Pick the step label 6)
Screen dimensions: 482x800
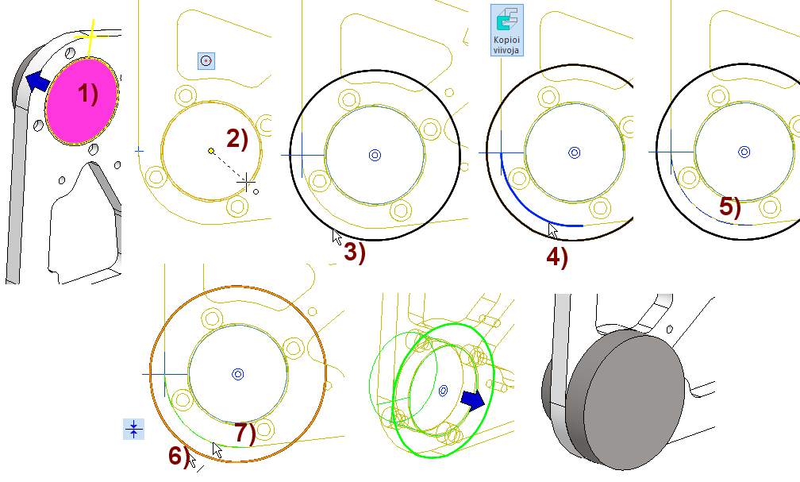179,456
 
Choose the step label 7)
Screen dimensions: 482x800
245,434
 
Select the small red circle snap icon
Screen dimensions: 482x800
206,60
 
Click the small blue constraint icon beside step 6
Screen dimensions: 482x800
133,430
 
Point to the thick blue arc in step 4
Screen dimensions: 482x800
524,202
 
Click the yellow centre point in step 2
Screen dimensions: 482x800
210,151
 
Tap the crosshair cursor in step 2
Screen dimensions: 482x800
247,183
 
